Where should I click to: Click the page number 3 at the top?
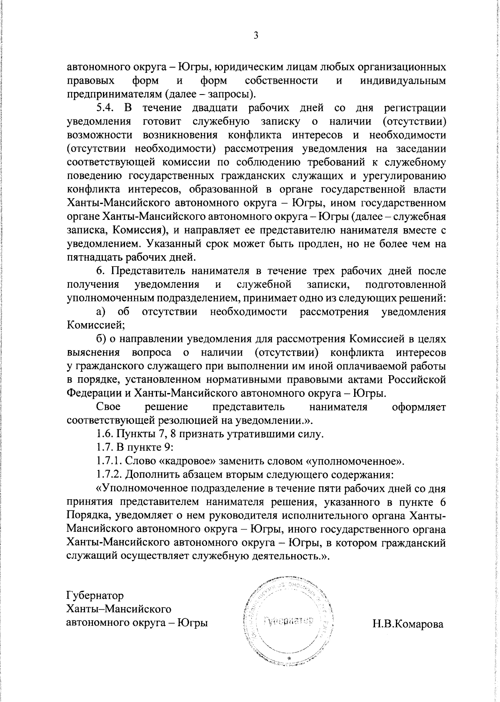pyautogui.click(x=256, y=36)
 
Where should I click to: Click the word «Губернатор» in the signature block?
pyautogui.click(x=95, y=595)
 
